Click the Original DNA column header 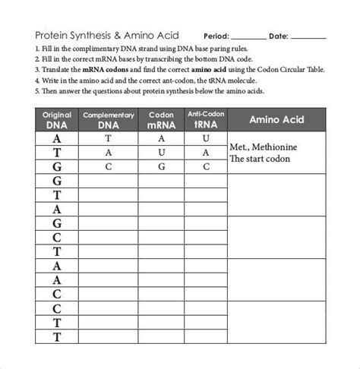tap(56, 120)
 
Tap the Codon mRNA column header tap(161, 120)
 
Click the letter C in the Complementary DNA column tap(109, 166)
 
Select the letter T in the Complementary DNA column tap(109, 139)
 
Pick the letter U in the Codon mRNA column tap(161, 153)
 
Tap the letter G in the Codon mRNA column tap(161, 166)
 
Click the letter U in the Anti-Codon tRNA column tap(205, 139)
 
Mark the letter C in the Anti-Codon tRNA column tap(205, 166)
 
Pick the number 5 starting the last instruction tap(37, 90)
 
